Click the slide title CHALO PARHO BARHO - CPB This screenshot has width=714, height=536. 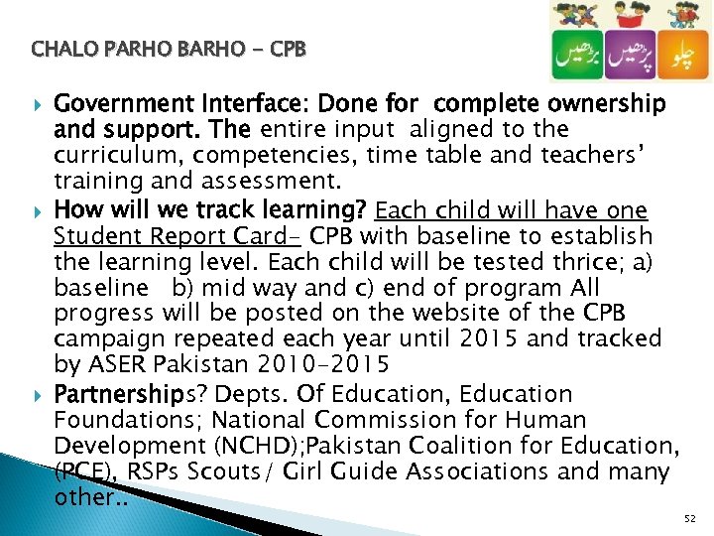coord(169,48)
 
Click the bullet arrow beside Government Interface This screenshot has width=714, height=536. coord(39,104)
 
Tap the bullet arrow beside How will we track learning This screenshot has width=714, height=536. coord(39,211)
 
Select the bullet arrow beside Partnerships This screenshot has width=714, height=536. coord(39,395)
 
